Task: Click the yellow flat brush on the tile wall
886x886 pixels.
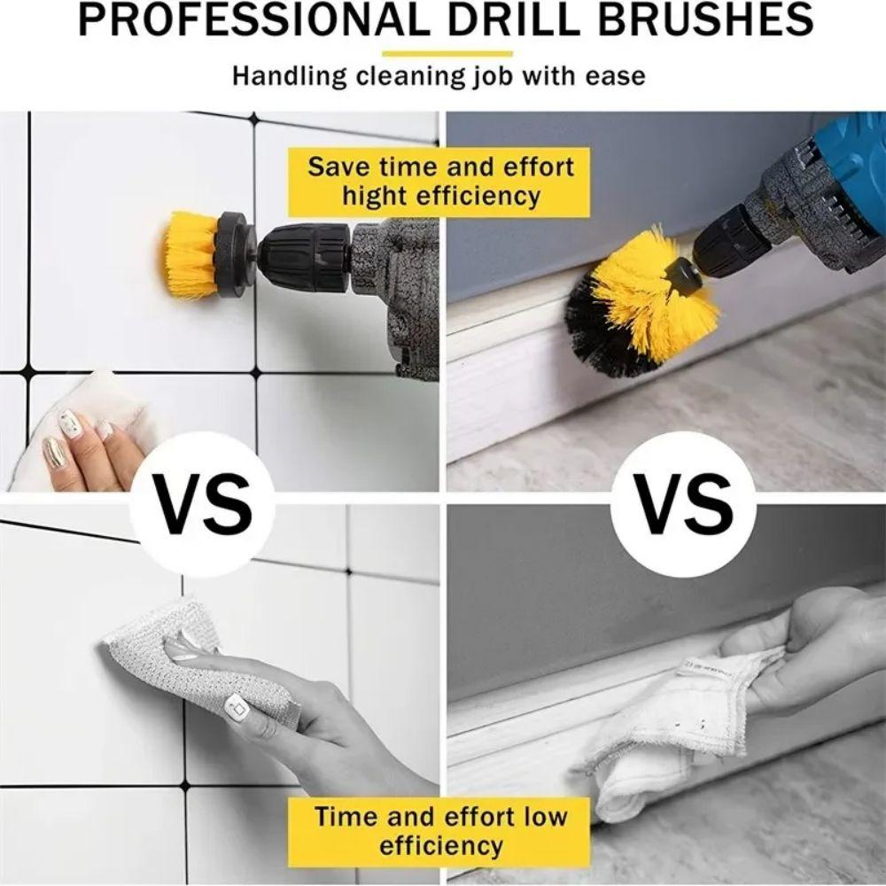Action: point(190,255)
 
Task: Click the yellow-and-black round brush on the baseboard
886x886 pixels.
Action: point(642,301)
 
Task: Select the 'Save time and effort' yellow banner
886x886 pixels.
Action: point(440,181)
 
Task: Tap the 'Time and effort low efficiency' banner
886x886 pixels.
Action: point(440,829)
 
